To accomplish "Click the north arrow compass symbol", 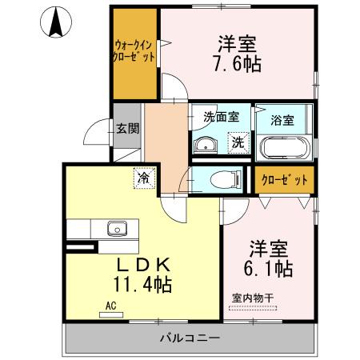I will (x=57, y=22).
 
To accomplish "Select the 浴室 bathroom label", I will (x=283, y=121).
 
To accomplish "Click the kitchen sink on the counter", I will (x=118, y=229).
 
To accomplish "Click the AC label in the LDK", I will (x=110, y=305).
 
